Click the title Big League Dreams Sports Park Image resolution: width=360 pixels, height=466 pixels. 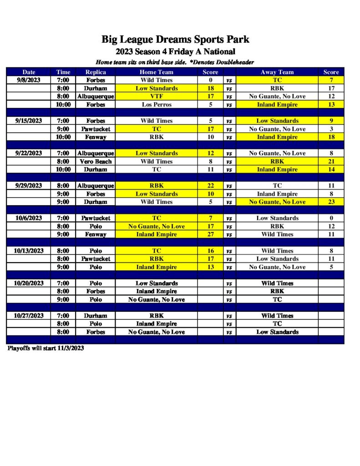tap(175, 40)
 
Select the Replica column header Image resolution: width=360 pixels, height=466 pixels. tap(96, 72)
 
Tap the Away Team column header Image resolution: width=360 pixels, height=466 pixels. tap(277, 72)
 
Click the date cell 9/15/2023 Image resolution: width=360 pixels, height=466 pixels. tap(29, 121)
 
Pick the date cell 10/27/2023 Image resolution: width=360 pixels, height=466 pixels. tap(29, 316)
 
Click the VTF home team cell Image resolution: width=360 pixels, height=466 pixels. tap(156, 96)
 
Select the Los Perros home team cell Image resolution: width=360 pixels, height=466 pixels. tap(156, 105)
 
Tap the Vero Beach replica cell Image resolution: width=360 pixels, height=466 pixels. tap(96, 162)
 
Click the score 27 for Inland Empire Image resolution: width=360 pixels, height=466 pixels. tap(210, 234)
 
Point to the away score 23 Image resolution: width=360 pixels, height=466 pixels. tap(331, 202)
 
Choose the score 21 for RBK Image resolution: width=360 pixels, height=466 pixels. tap(331, 162)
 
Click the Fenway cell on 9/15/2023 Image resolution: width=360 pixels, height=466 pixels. tap(96, 137)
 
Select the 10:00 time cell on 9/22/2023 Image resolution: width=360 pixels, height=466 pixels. tap(63, 169)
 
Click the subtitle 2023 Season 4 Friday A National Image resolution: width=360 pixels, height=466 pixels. tap(175, 52)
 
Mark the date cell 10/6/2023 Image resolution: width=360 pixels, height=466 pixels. tap(29, 218)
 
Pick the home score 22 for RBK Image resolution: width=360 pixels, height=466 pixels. tap(210, 186)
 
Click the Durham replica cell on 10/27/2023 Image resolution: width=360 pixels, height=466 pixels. tap(96, 316)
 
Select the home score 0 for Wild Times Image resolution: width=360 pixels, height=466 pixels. tap(210, 80)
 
